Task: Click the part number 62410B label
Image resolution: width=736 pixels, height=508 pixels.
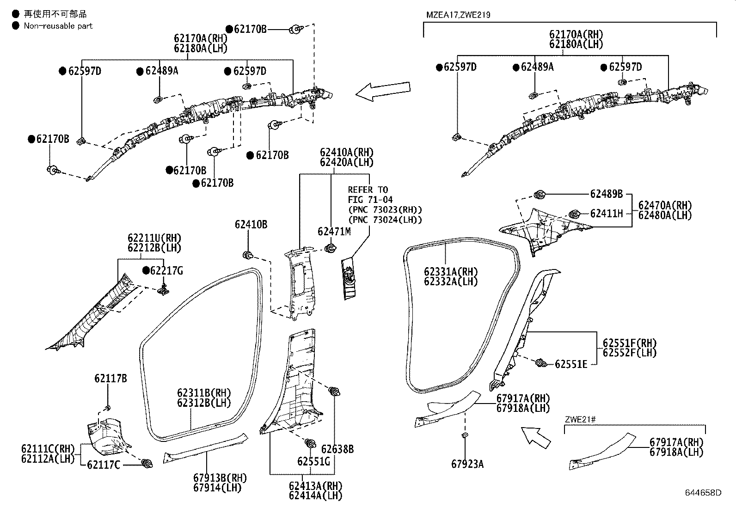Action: tap(251, 225)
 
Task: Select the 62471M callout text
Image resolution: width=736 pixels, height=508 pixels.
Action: tap(334, 232)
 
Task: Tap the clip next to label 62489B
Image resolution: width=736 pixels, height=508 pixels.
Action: tap(539, 195)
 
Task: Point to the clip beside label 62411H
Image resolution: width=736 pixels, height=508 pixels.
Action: tap(574, 214)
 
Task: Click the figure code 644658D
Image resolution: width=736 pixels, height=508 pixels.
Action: tap(703, 493)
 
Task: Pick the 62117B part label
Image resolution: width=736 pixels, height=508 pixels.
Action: tap(110, 379)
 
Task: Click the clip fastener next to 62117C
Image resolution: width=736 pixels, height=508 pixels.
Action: tap(147, 464)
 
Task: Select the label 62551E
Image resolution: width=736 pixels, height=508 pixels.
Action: tap(571, 364)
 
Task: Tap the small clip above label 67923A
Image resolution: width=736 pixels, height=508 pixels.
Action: tap(465, 435)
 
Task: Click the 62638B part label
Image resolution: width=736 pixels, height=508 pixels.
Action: tap(337, 449)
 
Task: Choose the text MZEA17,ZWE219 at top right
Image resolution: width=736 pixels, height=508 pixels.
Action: tap(458, 15)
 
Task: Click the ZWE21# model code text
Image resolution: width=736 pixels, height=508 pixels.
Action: tap(580, 419)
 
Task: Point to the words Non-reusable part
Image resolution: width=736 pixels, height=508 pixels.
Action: tap(58, 26)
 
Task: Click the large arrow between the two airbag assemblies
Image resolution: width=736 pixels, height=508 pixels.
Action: tap(383, 91)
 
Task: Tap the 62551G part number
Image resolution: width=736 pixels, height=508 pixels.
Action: tap(313, 462)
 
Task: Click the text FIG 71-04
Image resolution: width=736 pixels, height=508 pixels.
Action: tap(370, 200)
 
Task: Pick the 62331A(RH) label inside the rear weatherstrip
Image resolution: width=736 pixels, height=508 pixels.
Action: tap(451, 272)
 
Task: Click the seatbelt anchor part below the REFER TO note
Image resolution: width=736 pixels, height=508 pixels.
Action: tap(348, 279)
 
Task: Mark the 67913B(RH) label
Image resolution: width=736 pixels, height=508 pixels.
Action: tap(220, 478)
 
